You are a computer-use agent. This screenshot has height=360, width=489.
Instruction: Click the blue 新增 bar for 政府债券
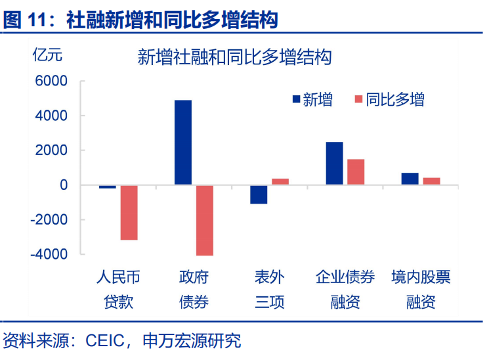183,143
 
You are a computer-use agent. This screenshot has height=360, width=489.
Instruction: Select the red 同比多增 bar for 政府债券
205,220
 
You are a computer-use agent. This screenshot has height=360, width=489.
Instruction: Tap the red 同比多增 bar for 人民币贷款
129,212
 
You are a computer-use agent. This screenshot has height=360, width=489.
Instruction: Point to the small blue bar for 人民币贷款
108,187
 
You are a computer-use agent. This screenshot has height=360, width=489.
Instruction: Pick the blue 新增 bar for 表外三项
259,194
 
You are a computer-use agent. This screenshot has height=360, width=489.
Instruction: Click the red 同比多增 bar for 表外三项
280,181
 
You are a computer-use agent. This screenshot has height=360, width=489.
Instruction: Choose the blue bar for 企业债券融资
334,164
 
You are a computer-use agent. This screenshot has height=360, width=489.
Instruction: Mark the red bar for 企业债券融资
356,172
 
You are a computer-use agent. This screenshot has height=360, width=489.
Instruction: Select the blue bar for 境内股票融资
410,179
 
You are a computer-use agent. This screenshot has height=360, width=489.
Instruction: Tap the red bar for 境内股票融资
431,181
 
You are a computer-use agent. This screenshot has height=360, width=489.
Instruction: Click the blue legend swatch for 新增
296,100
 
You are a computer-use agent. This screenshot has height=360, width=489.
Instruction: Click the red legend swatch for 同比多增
358,100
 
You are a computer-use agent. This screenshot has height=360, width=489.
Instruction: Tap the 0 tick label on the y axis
64,185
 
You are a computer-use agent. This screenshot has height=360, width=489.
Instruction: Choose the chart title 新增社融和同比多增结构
234,57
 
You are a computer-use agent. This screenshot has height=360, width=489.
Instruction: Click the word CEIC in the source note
107,340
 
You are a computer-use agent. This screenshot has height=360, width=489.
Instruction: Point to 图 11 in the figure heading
24,20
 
